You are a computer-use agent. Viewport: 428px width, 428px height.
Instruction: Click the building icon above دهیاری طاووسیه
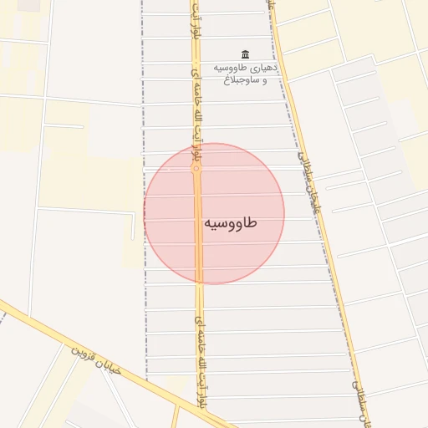(245, 54)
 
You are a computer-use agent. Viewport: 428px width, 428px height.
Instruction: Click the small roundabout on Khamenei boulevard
(196, 168)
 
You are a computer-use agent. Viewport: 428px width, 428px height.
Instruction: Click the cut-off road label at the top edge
(270, 6)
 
